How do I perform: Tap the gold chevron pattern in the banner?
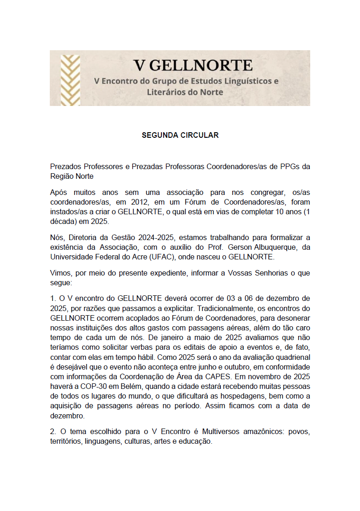pyautogui.click(x=70, y=78)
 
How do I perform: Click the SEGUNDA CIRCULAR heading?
pyautogui.click(x=180, y=135)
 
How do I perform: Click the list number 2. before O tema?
pyautogui.click(x=53, y=432)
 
